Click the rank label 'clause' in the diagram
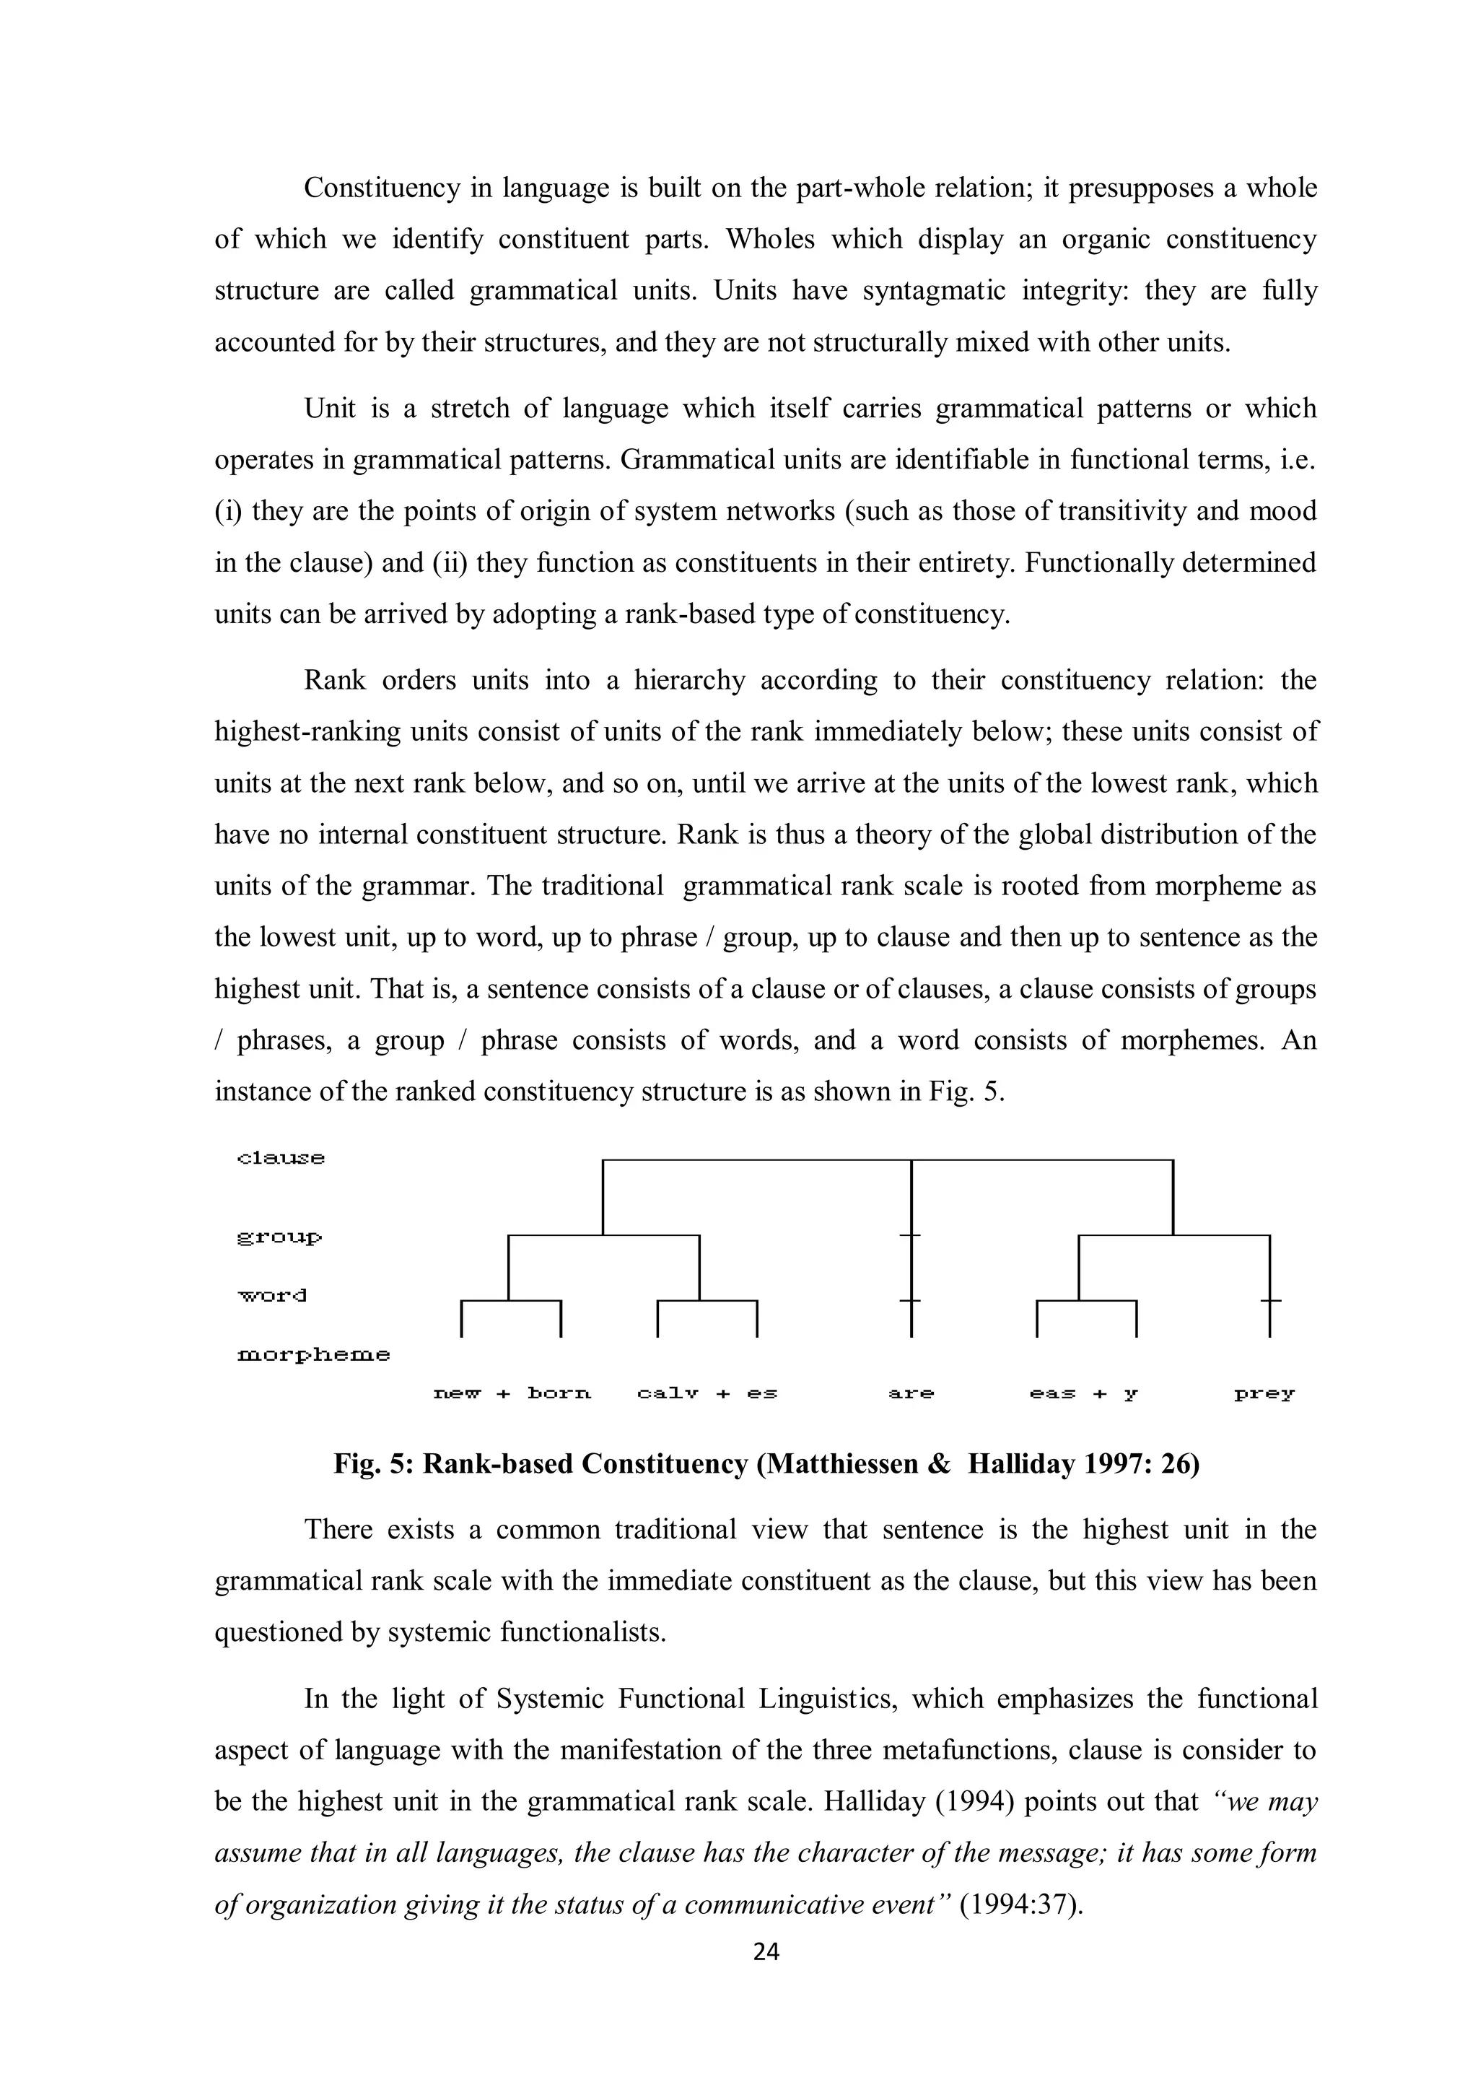[280, 1158]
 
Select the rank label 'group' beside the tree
[279, 1238]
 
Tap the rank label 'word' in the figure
[272, 1294]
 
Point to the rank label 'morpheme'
[313, 1354]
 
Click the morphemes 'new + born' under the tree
[512, 1393]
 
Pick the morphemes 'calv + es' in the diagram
[707, 1393]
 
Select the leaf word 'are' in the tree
[911, 1393]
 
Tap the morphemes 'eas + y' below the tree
[1084, 1393]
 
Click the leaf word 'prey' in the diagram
[1264, 1393]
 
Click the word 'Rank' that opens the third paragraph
[334, 680]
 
